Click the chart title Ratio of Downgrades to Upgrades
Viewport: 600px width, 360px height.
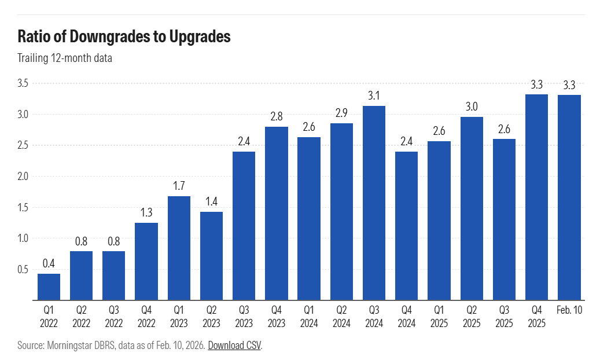click(x=124, y=36)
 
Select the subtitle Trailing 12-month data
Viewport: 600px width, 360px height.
click(x=64, y=58)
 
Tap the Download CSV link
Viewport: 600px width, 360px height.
click(x=234, y=346)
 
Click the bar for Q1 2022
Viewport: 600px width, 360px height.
click(x=49, y=286)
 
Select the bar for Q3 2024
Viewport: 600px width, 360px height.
click(x=374, y=203)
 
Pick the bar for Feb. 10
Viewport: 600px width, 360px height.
click(x=569, y=197)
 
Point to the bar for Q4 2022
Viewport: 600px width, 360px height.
click(x=146, y=261)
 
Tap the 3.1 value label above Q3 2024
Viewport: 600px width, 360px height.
click(x=374, y=95)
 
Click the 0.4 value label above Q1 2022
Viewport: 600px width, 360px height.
click(x=49, y=263)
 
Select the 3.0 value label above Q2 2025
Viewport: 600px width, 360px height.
click(x=472, y=106)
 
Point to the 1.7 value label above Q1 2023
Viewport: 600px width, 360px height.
click(x=179, y=186)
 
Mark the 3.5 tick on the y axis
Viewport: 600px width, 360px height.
click(x=23, y=83)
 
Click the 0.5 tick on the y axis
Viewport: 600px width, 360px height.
click(x=23, y=269)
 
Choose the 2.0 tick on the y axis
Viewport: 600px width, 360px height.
click(x=23, y=176)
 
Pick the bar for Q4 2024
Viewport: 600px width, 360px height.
click(x=406, y=226)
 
